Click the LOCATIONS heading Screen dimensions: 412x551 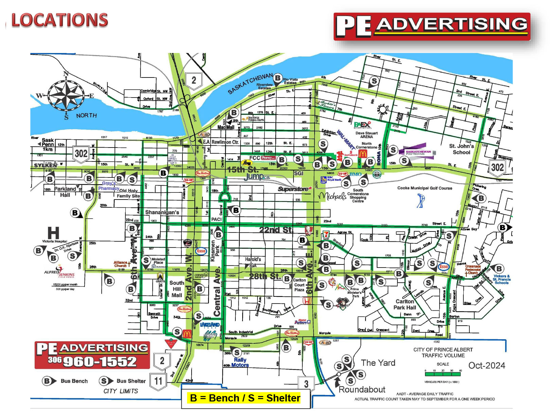pyautogui.click(x=60, y=20)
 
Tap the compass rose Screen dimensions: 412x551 pyautogui.click(x=66, y=95)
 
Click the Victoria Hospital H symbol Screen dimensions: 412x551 pyautogui.click(x=53, y=233)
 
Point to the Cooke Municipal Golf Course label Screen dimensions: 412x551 pyautogui.click(x=425, y=188)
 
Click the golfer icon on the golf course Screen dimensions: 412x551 pyautogui.click(x=421, y=201)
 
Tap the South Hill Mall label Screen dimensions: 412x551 pyautogui.click(x=177, y=289)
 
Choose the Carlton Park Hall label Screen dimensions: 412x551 pyautogui.click(x=405, y=304)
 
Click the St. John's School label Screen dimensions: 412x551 pyautogui.click(x=461, y=149)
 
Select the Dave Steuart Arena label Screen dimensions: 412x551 pyautogui.click(x=367, y=135)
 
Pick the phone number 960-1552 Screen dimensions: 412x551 pyautogui.click(x=100, y=361)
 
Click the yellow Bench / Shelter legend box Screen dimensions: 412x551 pyautogui.click(x=245, y=398)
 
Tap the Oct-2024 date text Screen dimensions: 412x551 pyautogui.click(x=487, y=365)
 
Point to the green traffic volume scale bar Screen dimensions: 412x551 pyautogui.click(x=443, y=374)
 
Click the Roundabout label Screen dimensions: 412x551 pyautogui.click(x=362, y=390)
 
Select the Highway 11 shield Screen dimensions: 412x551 pyautogui.click(x=158, y=381)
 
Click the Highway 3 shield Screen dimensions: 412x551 pyautogui.click(x=306, y=384)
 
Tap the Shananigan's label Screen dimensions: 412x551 pyautogui.click(x=162, y=212)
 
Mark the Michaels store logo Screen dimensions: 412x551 pyautogui.click(x=332, y=196)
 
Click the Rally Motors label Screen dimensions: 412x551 pyautogui.click(x=240, y=362)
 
